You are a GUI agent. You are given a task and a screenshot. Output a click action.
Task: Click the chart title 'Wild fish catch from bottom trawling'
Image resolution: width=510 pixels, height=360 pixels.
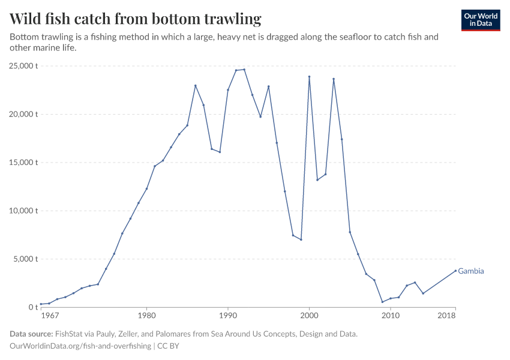[x=136, y=19]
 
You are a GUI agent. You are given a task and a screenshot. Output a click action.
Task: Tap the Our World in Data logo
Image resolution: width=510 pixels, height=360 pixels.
[x=480, y=20]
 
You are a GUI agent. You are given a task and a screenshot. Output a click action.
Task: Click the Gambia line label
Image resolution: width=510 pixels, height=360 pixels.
[x=470, y=271]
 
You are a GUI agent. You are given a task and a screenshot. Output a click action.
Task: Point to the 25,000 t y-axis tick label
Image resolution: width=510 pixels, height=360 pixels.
[x=25, y=66]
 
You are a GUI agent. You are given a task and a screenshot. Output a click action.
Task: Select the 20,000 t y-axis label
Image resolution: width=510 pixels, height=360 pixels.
[x=25, y=114]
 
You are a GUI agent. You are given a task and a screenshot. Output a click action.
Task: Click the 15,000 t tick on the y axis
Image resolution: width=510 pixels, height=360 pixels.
[x=25, y=163]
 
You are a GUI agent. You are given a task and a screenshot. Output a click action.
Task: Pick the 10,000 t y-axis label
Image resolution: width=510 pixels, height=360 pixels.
[x=25, y=211]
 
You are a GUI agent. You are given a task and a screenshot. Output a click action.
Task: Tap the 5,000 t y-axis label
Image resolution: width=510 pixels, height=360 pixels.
[x=26, y=259]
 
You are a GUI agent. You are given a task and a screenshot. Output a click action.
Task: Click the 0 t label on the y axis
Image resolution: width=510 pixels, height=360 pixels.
[x=33, y=307]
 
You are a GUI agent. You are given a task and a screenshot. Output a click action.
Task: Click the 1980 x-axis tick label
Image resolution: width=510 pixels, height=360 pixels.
[x=146, y=316]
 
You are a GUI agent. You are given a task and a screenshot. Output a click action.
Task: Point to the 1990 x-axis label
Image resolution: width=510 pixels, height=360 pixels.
[x=227, y=316]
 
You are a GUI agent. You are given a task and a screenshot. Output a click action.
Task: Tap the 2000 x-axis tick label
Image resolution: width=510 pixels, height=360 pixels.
[x=309, y=316]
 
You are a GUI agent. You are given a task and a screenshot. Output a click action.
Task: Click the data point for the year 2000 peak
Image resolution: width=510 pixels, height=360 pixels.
[x=309, y=77]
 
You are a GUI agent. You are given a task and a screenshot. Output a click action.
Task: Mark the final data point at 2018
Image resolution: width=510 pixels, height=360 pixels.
[x=455, y=270]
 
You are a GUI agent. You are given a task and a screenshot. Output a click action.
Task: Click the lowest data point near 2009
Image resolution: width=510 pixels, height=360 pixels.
[x=382, y=302]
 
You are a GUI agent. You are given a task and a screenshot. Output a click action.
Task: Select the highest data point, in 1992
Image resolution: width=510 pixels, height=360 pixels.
[x=244, y=70]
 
